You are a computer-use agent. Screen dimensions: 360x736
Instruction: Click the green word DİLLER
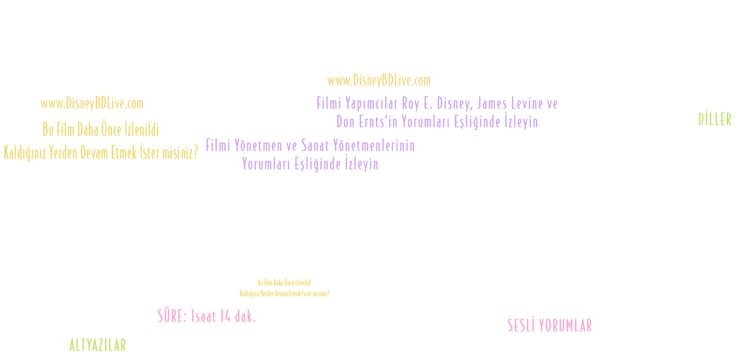point(715,120)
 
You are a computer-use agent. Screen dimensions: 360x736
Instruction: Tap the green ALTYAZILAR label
point(97,345)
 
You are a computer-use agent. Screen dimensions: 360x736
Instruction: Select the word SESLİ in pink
point(521,326)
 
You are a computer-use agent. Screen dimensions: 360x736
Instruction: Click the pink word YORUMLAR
point(565,326)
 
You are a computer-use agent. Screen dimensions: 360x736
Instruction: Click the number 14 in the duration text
point(225,316)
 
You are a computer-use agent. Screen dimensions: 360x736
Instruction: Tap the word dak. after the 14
point(245,316)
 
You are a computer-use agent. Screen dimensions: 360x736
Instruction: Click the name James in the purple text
point(493,103)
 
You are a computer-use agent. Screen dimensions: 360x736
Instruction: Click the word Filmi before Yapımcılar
point(329,103)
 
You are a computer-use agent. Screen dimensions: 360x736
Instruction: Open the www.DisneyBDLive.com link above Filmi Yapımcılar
point(379,81)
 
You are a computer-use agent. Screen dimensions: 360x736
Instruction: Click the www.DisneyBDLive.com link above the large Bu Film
point(92,104)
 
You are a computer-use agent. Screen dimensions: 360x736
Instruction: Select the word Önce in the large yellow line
point(111,130)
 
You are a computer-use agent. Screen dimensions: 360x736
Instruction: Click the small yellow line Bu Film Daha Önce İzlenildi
point(284,283)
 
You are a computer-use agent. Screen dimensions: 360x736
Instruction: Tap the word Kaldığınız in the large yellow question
point(25,153)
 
